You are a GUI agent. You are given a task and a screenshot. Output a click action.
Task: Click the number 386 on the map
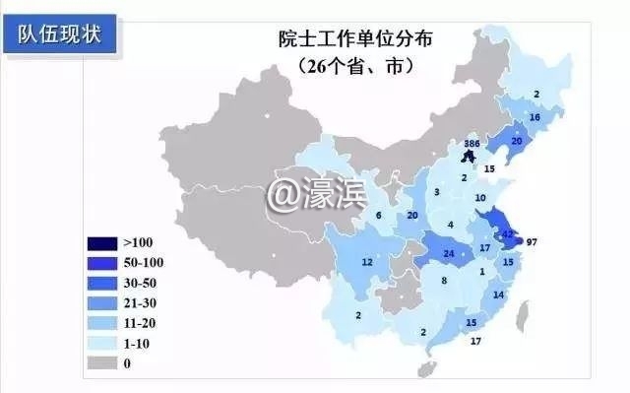[472, 144]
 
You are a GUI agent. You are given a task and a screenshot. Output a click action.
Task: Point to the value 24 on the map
[449, 254]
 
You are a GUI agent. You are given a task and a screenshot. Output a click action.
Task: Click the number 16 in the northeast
[535, 118]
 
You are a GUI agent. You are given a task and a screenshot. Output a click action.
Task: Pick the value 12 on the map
[367, 262]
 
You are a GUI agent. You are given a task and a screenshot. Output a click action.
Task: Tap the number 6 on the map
[378, 216]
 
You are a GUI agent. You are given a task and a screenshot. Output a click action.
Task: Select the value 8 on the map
[444, 282]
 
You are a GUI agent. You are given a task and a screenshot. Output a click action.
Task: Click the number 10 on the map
[479, 199]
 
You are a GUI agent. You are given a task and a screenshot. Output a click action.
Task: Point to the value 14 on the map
[498, 295]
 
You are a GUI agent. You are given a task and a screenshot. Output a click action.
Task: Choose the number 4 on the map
[450, 225]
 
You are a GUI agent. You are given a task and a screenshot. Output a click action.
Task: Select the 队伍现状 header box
[65, 33]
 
